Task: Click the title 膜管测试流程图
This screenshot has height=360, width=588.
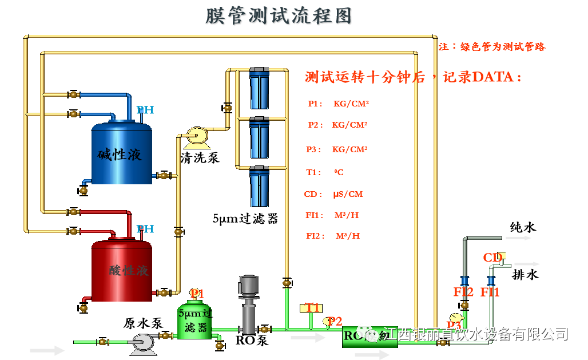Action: click(279, 16)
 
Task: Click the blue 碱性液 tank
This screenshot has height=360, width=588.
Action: click(122, 152)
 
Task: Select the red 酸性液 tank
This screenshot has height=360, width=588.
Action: click(122, 270)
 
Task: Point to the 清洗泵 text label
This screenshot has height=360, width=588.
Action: click(200, 157)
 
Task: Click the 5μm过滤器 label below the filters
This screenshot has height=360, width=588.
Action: click(245, 218)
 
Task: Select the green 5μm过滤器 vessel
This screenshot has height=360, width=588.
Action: click(195, 321)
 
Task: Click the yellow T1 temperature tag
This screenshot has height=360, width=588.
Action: click(312, 308)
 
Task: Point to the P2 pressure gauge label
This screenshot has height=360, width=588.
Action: click(334, 321)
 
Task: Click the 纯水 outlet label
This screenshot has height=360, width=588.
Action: click(523, 227)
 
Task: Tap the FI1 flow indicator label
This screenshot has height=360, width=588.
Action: click(490, 292)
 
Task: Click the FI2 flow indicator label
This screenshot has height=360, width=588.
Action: click(463, 292)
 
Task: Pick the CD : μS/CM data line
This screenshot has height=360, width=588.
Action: click(333, 194)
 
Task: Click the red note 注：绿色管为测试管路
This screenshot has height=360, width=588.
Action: click(492, 47)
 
